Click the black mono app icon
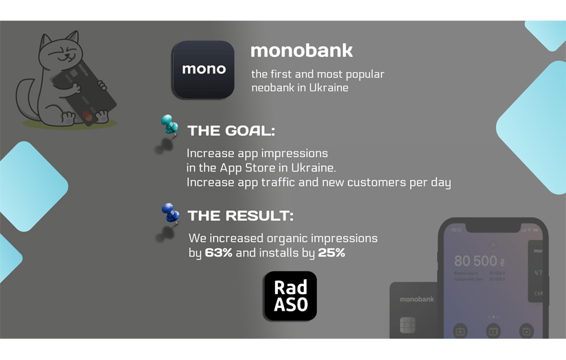tap(204, 69)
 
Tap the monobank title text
tap(301, 51)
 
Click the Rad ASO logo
tap(290, 296)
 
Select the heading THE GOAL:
tap(231, 131)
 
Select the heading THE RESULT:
tap(240, 216)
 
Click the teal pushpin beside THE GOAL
tap(169, 125)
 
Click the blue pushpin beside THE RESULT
tap(169, 213)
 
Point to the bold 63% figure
tap(220, 253)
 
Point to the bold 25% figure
tap(331, 253)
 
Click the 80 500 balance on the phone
tap(475, 261)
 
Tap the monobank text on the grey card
tap(417, 300)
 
